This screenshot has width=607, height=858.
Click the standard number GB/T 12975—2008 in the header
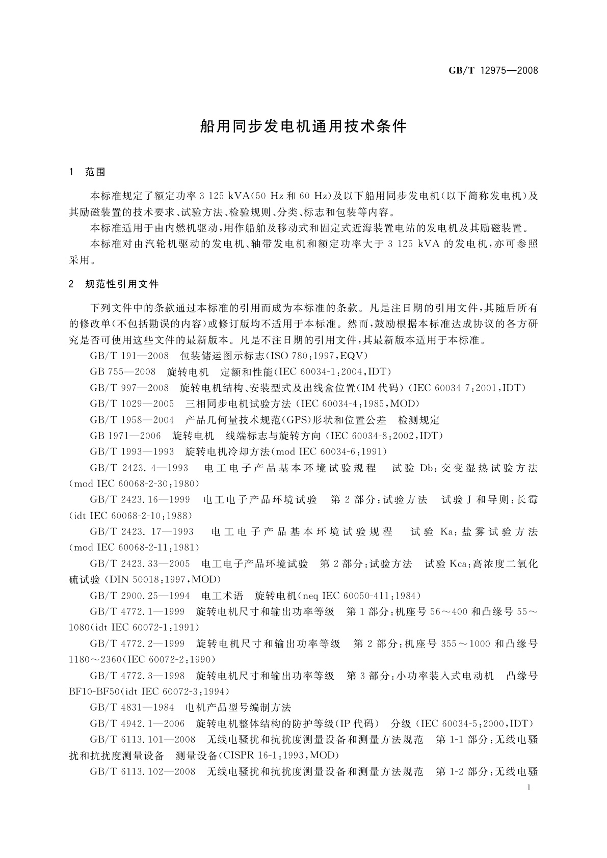coord(493,71)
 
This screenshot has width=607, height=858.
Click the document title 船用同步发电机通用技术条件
coord(303,126)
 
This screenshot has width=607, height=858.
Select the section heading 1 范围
coord(87,172)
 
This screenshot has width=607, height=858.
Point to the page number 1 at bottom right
coord(530,788)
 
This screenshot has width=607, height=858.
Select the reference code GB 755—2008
coord(123,371)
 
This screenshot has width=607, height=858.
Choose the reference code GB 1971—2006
coord(125,436)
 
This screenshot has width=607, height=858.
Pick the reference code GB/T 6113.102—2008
coord(143,771)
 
